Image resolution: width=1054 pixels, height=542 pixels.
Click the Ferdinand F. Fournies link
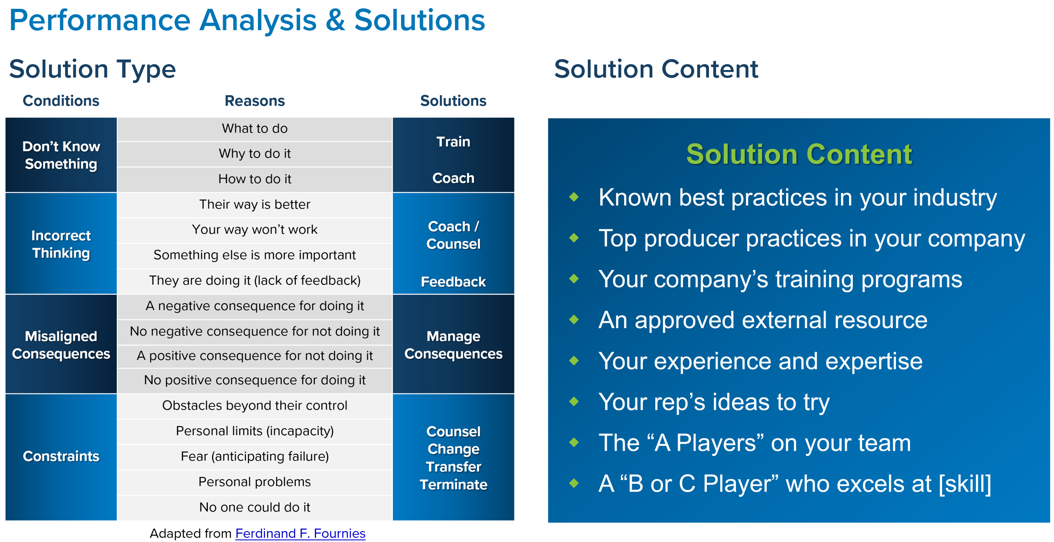[x=300, y=533]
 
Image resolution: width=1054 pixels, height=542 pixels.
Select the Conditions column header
[x=61, y=101]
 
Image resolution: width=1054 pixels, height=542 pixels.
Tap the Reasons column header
[x=254, y=101]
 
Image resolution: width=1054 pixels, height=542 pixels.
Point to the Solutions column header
[x=453, y=101]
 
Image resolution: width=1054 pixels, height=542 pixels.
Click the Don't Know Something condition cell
[x=61, y=155]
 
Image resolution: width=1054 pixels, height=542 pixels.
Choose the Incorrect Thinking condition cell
[x=61, y=244]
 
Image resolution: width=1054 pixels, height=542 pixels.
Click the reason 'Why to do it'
[x=254, y=154]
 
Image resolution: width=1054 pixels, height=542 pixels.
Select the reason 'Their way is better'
[x=254, y=205]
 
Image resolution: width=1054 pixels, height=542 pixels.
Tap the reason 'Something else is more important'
[x=254, y=255]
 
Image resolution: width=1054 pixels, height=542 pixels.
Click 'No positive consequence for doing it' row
[x=254, y=380]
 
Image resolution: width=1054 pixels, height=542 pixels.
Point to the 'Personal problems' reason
[x=254, y=482]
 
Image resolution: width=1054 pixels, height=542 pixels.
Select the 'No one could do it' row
[x=254, y=508]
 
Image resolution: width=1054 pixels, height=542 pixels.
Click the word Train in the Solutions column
[x=453, y=142]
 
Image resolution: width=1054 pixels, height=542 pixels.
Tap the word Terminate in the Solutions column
[x=454, y=485]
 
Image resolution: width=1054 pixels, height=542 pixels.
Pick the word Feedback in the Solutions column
[x=453, y=282]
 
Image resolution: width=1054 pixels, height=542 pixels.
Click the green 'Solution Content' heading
[x=799, y=154]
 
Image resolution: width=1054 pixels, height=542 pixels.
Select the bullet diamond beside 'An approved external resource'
[x=574, y=320]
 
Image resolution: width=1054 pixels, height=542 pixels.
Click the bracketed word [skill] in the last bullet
[x=965, y=484]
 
